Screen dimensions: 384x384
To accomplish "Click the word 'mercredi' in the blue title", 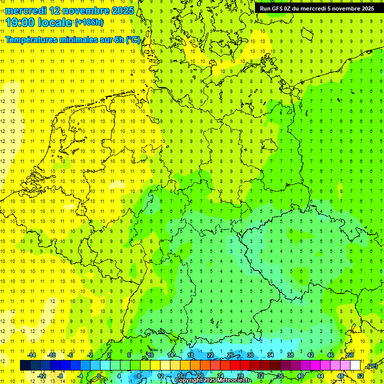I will coord(29,10).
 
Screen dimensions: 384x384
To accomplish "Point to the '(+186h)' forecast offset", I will coord(89,22).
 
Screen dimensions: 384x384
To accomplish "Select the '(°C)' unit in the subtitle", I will coord(133,40).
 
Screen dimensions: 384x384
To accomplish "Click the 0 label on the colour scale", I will coord(99,375).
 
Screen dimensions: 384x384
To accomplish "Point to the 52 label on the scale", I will coord(360,375).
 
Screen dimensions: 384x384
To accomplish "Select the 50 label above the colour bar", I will coord(350,355).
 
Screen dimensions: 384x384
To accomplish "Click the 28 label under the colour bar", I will coord(240,375).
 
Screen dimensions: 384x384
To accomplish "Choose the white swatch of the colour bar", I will coord(355,365).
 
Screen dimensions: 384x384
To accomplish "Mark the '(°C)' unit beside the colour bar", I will coord(372,365).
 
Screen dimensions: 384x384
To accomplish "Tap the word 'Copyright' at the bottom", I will coord(188,380).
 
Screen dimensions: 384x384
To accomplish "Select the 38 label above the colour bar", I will coord(290,355).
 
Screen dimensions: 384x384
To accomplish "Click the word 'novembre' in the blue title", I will coord(85,10).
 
